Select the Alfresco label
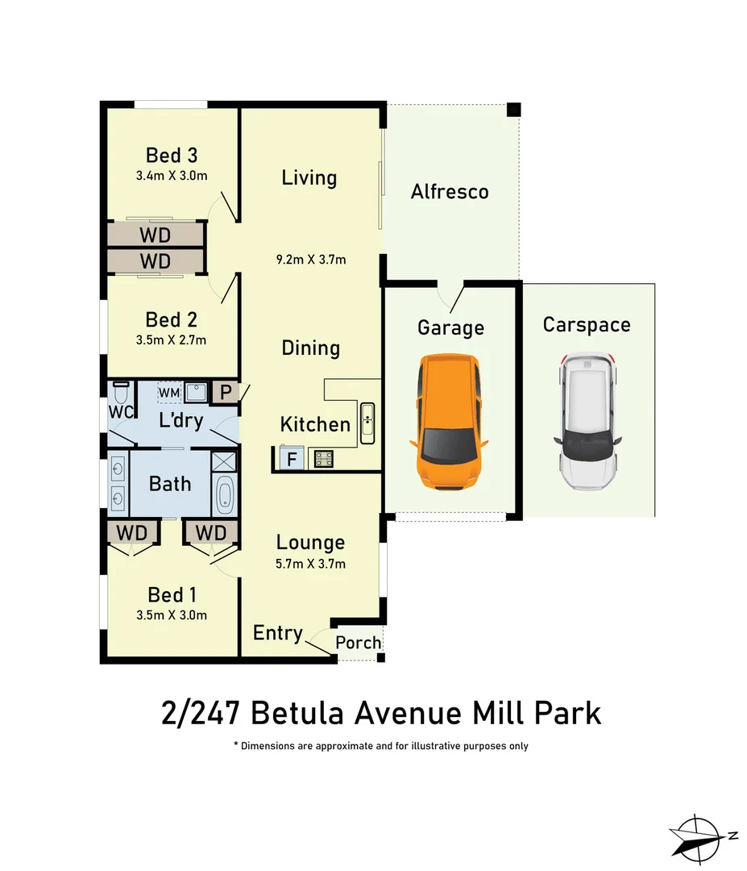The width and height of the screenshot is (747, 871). tap(450, 192)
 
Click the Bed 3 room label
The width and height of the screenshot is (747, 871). tap(172, 155)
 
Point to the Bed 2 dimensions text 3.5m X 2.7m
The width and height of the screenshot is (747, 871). tap(172, 340)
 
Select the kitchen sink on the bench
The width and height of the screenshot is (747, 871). tap(367, 423)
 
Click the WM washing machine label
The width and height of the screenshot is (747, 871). tap(169, 393)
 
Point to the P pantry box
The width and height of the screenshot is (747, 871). tap(224, 394)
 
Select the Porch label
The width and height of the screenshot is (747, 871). tap(358, 643)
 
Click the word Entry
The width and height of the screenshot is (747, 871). tap(277, 633)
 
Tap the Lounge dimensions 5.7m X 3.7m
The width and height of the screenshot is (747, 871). tap(310, 564)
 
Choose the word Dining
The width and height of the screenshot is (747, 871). tap(310, 348)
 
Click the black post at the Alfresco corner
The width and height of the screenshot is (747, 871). tap(513, 109)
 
